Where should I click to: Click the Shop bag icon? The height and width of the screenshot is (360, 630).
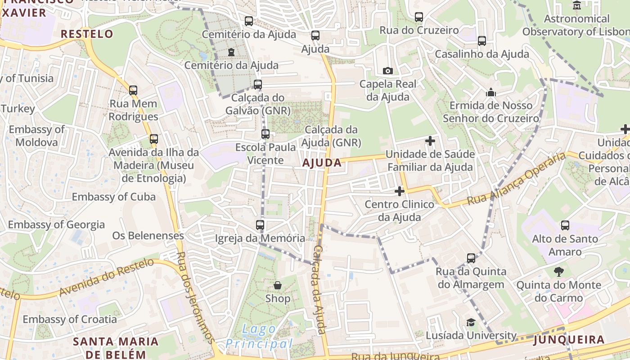pyautogui.click(x=278, y=285)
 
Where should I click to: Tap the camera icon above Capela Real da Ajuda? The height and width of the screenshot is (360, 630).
pyautogui.click(x=387, y=71)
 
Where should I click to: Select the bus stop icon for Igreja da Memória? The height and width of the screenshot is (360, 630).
pyautogui.click(x=260, y=225)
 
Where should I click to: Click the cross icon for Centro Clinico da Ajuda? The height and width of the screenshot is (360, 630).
pyautogui.click(x=399, y=191)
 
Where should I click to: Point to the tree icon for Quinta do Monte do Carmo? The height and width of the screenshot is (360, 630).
pyautogui.click(x=558, y=272)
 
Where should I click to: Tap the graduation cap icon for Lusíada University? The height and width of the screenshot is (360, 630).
pyautogui.click(x=471, y=322)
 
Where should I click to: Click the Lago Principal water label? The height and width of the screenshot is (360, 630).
pyautogui.click(x=259, y=337)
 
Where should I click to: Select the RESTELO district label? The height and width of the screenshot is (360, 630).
pyautogui.click(x=87, y=34)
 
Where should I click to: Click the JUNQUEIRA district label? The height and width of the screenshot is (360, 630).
pyautogui.click(x=569, y=340)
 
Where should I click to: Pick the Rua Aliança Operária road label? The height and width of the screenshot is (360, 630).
pyautogui.click(x=517, y=179)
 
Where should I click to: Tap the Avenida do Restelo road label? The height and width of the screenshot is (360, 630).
pyautogui.click(x=106, y=279)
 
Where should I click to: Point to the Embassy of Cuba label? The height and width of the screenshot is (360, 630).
pyautogui.click(x=113, y=197)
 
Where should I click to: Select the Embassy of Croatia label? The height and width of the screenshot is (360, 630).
pyautogui.click(x=70, y=319)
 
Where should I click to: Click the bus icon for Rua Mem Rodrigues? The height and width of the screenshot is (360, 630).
pyautogui.click(x=133, y=90)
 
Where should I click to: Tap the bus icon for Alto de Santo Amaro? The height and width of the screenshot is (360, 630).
pyautogui.click(x=565, y=225)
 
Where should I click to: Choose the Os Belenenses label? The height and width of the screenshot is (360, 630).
pyautogui.click(x=148, y=235)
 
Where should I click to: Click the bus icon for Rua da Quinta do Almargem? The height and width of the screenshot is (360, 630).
pyautogui.click(x=471, y=258)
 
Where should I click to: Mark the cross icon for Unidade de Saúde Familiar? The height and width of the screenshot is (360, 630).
pyautogui.click(x=430, y=141)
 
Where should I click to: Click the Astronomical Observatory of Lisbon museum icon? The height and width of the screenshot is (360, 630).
pyautogui.click(x=577, y=5)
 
